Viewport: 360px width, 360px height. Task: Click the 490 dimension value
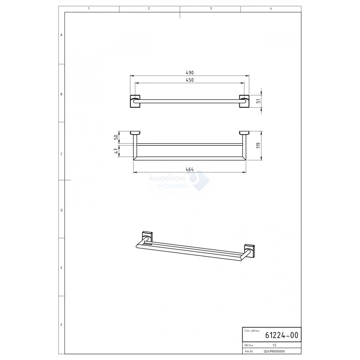190,73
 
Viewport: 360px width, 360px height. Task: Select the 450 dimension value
190,80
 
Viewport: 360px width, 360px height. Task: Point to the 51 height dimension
259,101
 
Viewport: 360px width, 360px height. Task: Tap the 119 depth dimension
259,145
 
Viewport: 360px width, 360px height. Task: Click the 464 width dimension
190,169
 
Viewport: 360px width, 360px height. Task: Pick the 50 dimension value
116,137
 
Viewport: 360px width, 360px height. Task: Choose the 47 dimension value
116,150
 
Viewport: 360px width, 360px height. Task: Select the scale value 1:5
274,345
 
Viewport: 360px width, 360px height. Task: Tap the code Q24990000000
274,351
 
